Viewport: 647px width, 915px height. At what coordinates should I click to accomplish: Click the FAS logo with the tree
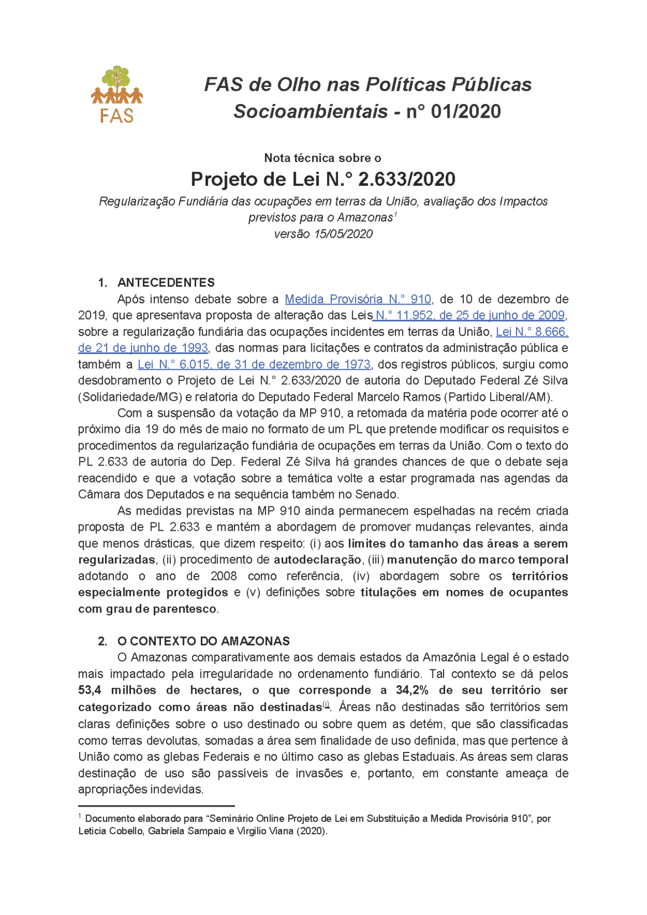117,94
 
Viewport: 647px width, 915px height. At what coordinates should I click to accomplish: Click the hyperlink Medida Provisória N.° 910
357,299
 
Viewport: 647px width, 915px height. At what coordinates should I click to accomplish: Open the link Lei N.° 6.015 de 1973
254,364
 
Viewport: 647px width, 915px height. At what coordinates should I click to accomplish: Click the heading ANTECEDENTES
166,283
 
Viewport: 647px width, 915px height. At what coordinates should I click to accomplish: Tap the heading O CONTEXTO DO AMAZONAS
203,641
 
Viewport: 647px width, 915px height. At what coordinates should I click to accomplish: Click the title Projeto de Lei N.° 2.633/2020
323,179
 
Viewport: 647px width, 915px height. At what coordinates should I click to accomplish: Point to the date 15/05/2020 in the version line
343,234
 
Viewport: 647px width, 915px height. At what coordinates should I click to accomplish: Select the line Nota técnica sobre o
322,158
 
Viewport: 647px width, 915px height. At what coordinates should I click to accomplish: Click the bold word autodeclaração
317,560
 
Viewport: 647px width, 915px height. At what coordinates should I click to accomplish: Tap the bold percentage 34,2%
412,690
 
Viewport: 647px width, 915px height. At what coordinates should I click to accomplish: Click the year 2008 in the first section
223,576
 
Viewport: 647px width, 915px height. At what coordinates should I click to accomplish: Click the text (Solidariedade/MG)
131,397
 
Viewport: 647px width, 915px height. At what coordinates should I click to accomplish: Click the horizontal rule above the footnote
156,806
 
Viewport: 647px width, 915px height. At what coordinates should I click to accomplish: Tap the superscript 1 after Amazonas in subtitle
395,214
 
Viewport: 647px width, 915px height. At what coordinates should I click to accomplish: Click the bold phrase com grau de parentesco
147,609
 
